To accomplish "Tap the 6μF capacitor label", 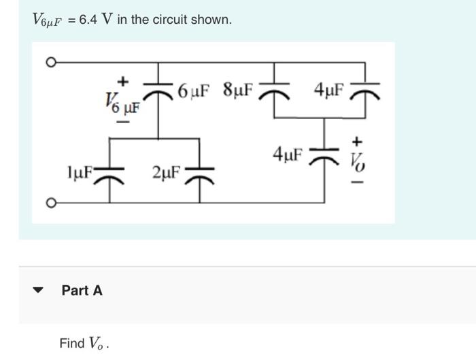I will point(193,90).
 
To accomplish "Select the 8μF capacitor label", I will point(237,90).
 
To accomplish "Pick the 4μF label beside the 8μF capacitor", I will point(329,90).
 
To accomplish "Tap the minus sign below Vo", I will point(357,182).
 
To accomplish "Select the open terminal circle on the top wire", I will point(50,62).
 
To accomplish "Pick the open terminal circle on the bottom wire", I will point(50,202).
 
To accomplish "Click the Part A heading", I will point(82,291).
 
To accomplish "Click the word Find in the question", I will point(72,343).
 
